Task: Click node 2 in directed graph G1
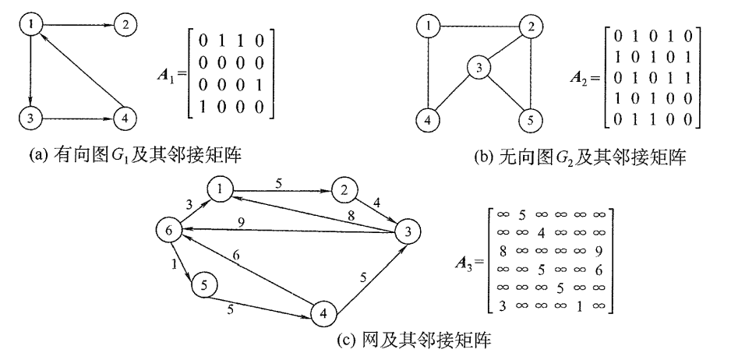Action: [124, 25]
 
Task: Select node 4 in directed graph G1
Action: [124, 119]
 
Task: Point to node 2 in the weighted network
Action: [343, 189]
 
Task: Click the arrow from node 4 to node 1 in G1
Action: [76, 70]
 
